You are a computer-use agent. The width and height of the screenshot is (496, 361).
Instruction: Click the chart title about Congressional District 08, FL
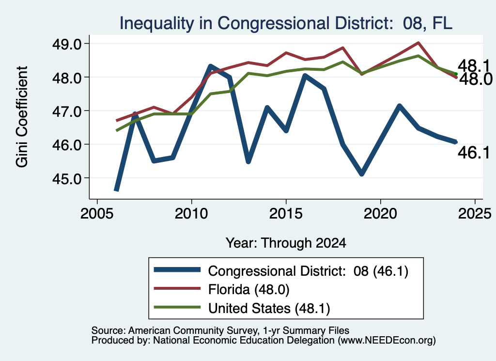(x=286, y=23)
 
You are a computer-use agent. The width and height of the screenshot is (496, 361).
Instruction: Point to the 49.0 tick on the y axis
(x=67, y=44)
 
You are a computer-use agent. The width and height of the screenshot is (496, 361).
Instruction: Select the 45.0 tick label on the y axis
(x=67, y=178)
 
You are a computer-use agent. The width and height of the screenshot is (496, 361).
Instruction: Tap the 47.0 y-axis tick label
(x=67, y=111)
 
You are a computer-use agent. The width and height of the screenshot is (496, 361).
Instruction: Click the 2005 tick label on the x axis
(x=97, y=214)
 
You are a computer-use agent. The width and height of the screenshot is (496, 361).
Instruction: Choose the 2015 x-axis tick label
(x=286, y=214)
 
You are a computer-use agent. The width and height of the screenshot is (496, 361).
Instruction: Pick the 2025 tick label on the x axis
(x=475, y=214)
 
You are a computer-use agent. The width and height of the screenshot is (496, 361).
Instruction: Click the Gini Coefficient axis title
(x=22, y=117)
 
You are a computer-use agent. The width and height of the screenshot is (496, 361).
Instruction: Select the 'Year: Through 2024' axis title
(x=286, y=243)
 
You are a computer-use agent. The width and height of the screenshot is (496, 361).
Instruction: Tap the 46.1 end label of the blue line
(x=474, y=153)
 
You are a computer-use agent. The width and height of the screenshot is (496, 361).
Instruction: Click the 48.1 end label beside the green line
(x=474, y=66)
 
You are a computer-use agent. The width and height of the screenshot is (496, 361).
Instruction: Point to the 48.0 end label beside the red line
(x=476, y=79)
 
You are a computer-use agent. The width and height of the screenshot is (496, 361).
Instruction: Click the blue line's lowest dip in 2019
(x=361, y=173)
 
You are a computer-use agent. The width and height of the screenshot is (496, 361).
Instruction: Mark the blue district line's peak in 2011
(x=210, y=66)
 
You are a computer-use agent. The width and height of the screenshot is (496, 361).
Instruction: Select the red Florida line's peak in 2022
(x=418, y=43)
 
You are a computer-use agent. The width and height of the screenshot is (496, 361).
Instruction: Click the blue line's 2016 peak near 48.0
(x=305, y=76)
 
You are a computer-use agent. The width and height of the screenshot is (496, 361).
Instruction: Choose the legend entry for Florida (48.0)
(x=248, y=289)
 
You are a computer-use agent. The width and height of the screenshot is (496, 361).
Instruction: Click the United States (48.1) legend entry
(x=269, y=308)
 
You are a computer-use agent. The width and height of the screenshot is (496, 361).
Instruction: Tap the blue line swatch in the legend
(x=177, y=269)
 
